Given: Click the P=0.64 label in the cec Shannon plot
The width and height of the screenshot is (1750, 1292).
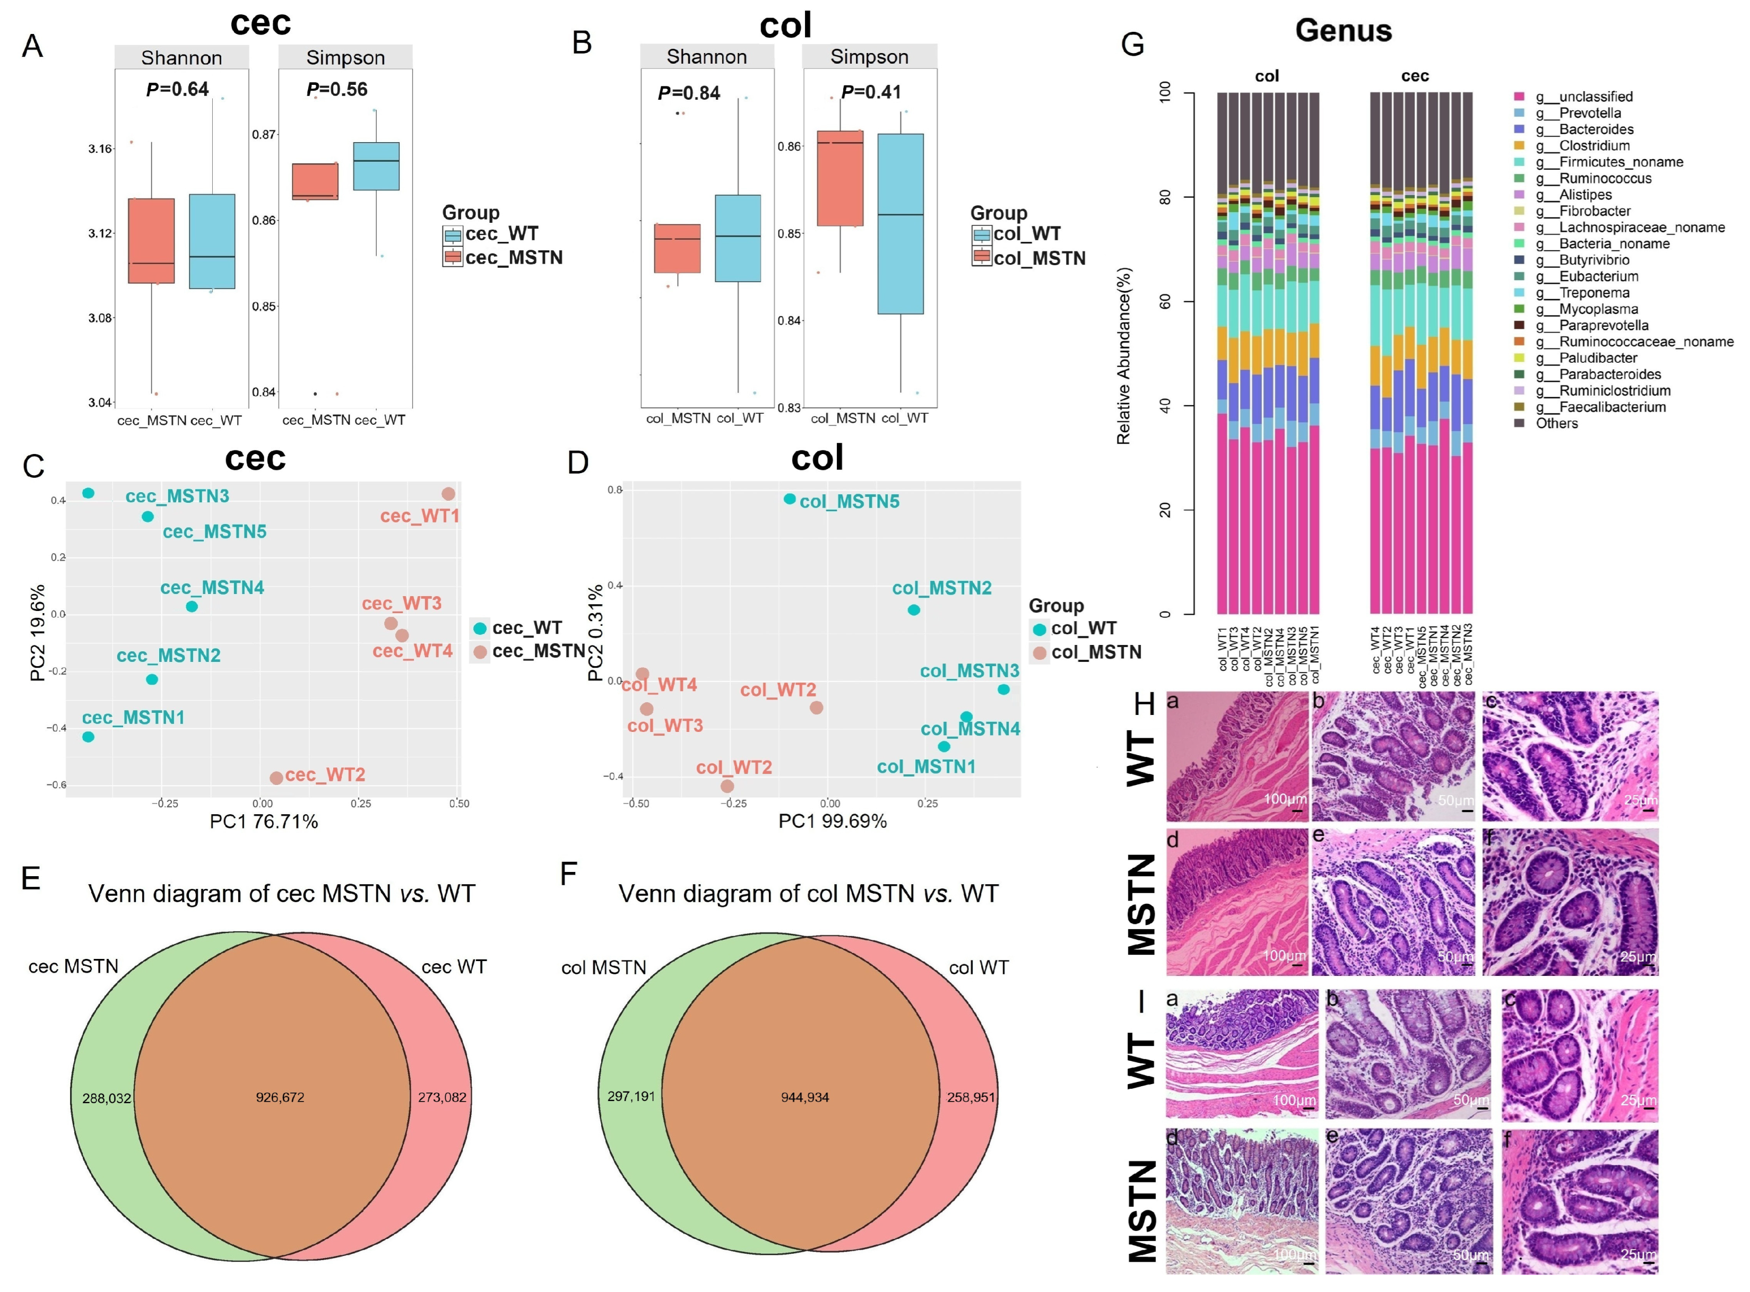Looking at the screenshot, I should click(x=178, y=90).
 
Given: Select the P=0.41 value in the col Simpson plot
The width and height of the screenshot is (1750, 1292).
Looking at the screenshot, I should click(x=871, y=92).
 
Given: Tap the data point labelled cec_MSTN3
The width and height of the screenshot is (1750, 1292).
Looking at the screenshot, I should click(x=89, y=493).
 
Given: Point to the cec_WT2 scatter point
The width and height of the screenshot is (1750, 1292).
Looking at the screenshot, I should click(x=276, y=778).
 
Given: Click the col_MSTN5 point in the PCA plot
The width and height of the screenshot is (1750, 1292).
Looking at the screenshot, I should click(x=790, y=499).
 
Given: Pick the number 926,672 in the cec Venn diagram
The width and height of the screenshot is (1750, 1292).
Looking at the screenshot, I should click(x=280, y=1097).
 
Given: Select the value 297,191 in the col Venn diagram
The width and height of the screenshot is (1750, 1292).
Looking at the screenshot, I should click(x=630, y=1096).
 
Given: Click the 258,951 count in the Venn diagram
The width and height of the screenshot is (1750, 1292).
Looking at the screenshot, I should click(x=970, y=1097).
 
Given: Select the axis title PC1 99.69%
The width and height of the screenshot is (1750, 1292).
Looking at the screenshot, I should click(x=833, y=821).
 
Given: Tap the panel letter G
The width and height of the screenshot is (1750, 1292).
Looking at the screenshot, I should click(x=1133, y=45).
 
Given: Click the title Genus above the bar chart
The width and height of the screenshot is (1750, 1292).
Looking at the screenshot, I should click(x=1343, y=31).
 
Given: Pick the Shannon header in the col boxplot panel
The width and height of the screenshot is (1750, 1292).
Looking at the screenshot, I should click(x=706, y=57).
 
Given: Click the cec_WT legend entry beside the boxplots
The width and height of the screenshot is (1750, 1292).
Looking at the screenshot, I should click(x=501, y=234).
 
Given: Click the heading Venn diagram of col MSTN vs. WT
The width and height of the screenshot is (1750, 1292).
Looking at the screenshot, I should click(x=808, y=894).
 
